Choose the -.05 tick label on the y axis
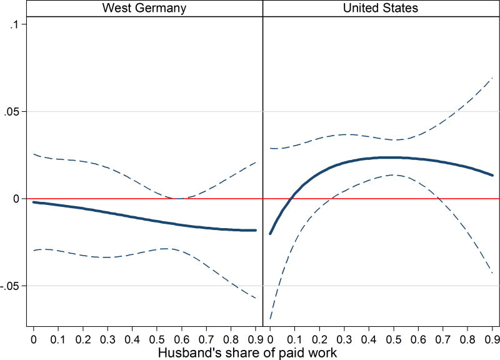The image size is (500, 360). click(x=14, y=286)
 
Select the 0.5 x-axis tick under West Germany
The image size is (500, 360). click(x=157, y=338)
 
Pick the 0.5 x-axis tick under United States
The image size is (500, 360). click(x=394, y=338)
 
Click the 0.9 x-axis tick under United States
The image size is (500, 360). click(x=492, y=338)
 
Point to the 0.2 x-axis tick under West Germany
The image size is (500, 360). click(x=82, y=338)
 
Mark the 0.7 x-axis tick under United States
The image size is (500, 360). click(x=443, y=338)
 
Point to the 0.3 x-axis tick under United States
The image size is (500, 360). click(x=344, y=338)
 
